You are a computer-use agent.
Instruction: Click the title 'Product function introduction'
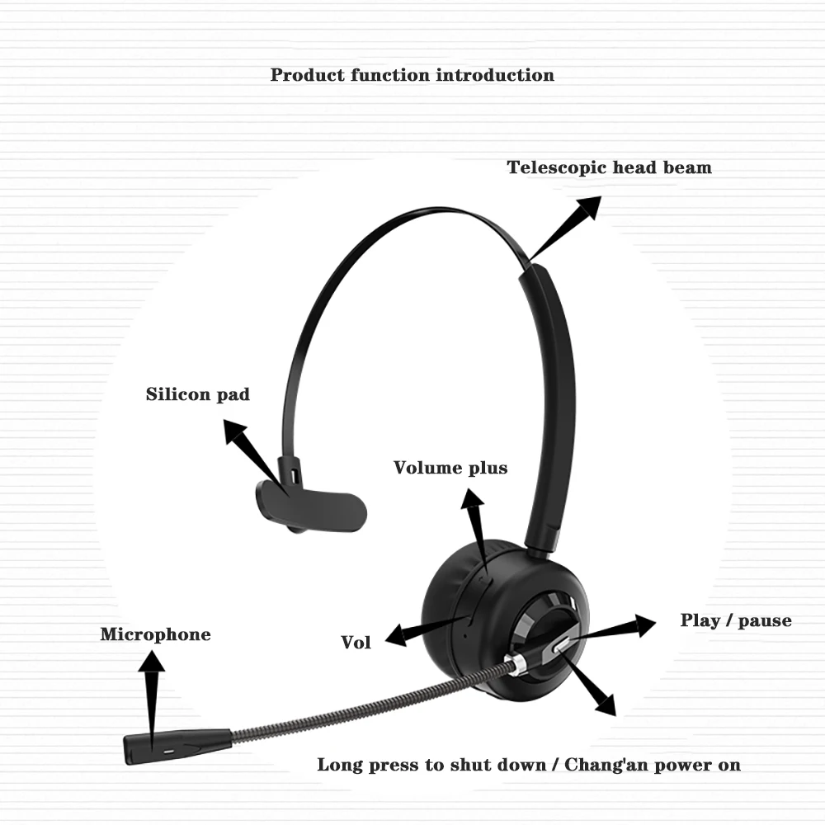(x=412, y=75)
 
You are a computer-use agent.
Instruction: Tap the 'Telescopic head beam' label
(x=609, y=167)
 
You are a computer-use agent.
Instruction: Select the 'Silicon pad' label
(x=198, y=394)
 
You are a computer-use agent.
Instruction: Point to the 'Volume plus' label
(x=450, y=468)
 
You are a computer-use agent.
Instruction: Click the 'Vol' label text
(x=356, y=643)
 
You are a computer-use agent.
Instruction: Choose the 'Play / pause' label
(x=735, y=620)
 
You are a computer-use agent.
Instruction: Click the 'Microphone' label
(x=155, y=634)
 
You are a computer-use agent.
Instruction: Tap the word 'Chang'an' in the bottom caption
(x=607, y=765)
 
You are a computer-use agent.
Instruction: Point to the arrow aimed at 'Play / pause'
(x=610, y=629)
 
